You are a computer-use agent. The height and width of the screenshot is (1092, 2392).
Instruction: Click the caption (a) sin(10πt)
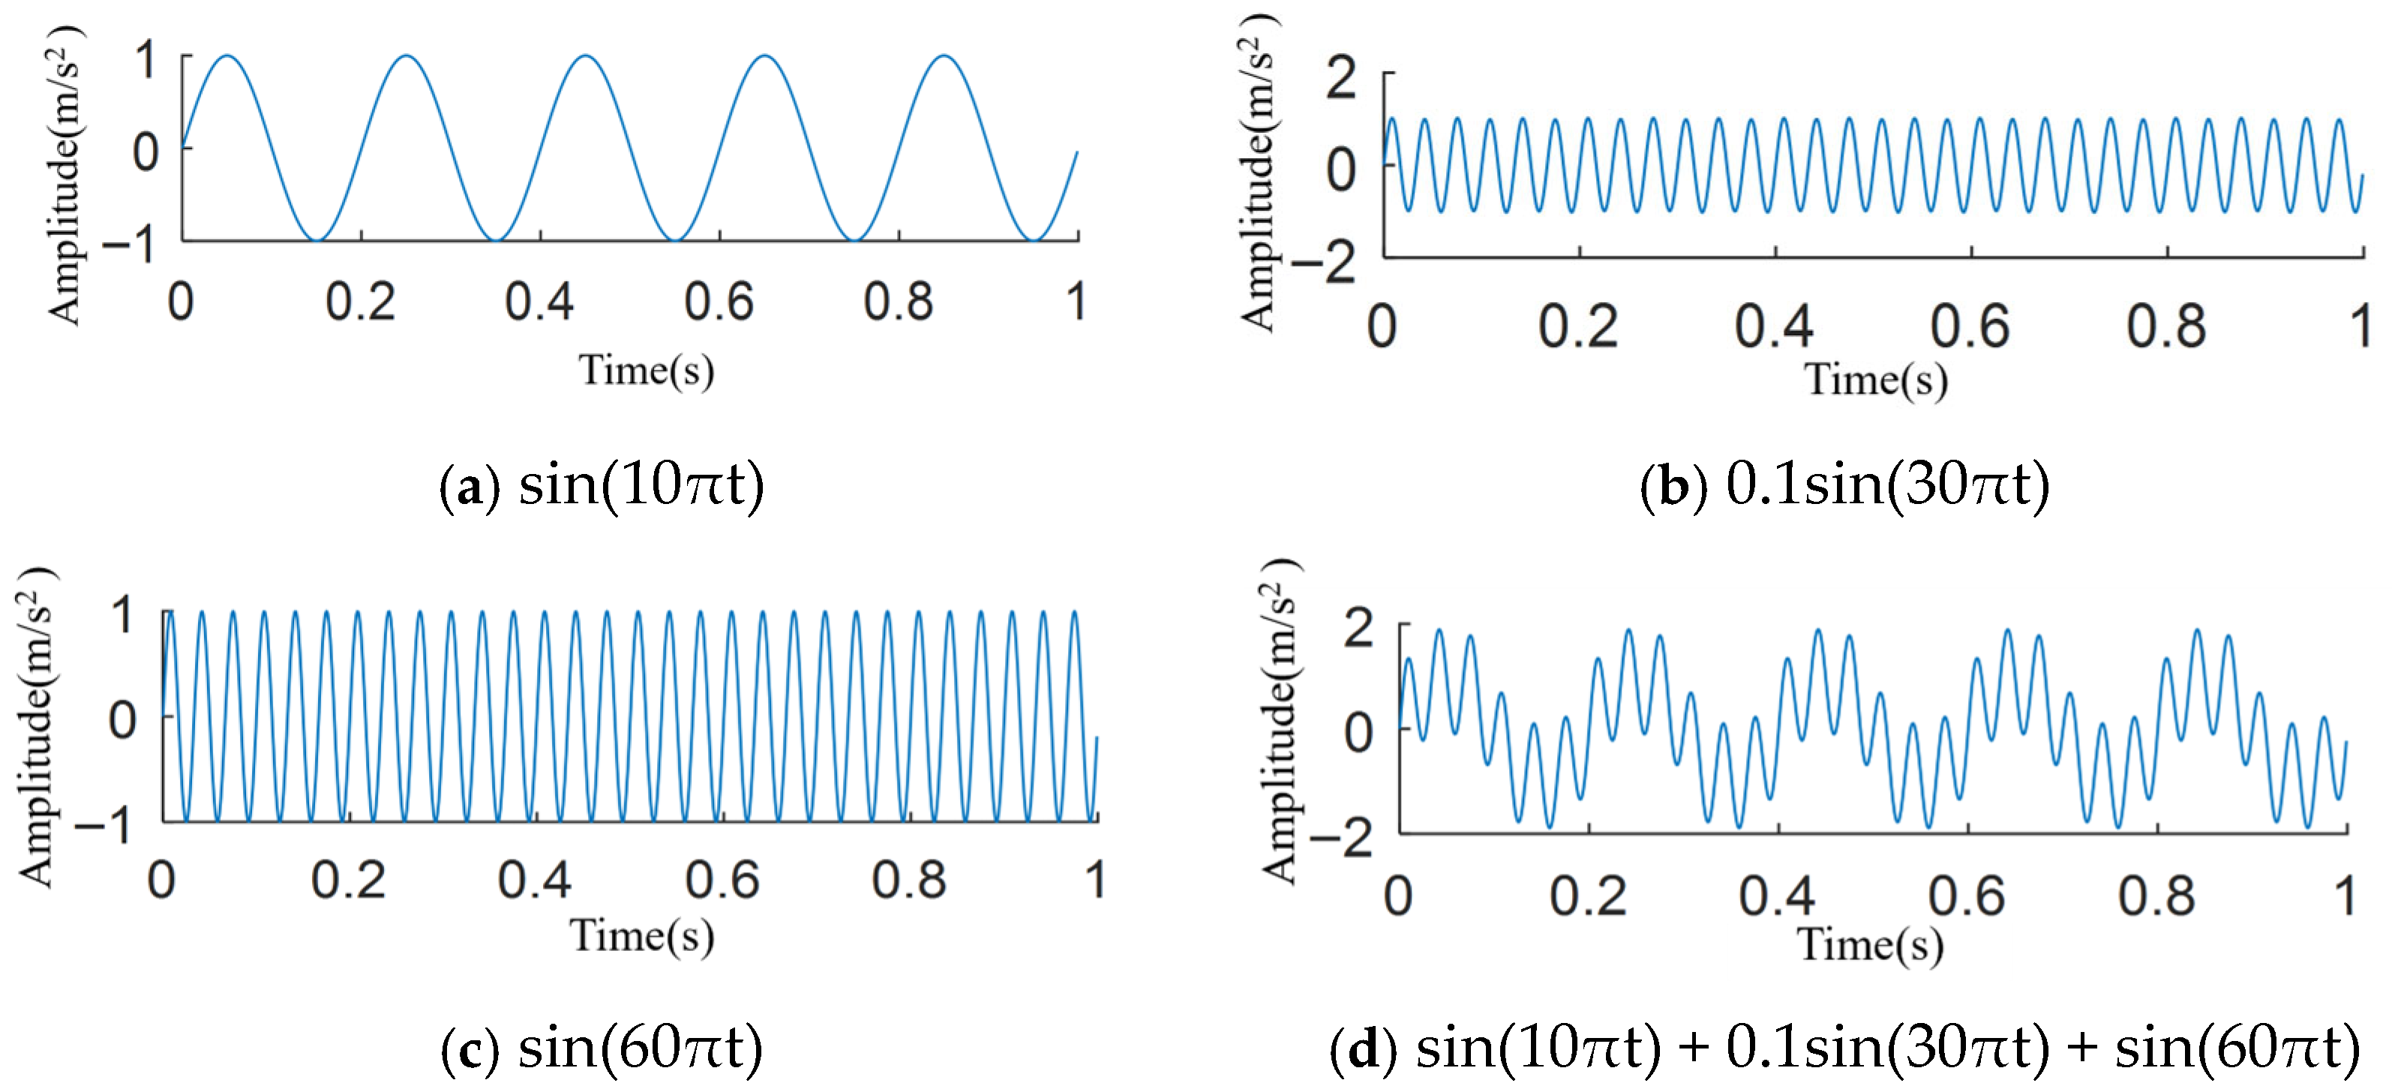pos(602,484)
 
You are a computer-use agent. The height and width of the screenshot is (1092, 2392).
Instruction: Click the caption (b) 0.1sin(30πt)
pos(1844,484)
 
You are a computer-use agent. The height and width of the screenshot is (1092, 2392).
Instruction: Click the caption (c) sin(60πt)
pos(602,1048)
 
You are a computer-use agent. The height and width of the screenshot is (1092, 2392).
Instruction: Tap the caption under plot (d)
pos(1844,1048)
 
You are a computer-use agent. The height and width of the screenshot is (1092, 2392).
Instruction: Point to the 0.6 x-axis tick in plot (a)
pos(719,301)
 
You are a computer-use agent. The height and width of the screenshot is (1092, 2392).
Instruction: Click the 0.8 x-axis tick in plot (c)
pos(908,879)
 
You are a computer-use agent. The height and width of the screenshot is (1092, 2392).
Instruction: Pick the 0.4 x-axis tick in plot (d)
pos(1776,896)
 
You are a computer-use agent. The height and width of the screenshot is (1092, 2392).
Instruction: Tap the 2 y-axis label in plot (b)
pos(1342,78)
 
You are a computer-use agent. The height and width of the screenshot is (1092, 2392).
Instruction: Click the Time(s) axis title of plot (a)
pos(647,370)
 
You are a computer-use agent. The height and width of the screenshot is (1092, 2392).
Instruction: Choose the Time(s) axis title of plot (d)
pos(1871,945)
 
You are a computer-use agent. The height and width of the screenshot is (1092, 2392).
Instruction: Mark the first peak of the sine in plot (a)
pos(227,58)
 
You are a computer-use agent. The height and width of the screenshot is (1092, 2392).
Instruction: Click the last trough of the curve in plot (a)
pos(1033,239)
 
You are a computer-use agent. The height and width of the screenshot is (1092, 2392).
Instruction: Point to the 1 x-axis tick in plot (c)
pos(1096,879)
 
